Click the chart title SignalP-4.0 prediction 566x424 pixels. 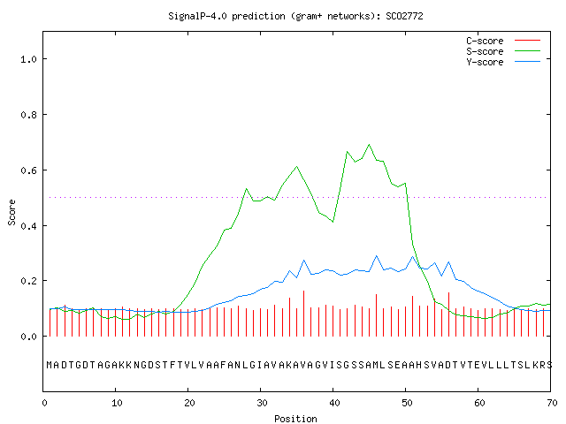226,16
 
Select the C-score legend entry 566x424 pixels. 503,41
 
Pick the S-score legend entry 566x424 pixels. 503,51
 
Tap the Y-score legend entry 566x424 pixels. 503,62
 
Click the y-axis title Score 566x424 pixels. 11,213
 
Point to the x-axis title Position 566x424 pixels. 295,419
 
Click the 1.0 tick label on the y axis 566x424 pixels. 28,59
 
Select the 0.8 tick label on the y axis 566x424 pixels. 28,115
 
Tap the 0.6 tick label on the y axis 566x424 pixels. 28,170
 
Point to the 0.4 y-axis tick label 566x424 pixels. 28,226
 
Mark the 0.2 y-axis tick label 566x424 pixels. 28,281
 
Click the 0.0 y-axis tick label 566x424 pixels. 28,337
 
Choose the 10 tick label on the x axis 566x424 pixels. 117,403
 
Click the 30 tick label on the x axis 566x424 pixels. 262,403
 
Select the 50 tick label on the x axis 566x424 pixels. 407,403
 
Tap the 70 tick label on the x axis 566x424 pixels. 552,403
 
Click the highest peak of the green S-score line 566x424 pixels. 369,145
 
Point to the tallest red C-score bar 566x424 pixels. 304,314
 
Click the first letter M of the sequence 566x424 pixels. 50,365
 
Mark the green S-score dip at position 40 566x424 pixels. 333,222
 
